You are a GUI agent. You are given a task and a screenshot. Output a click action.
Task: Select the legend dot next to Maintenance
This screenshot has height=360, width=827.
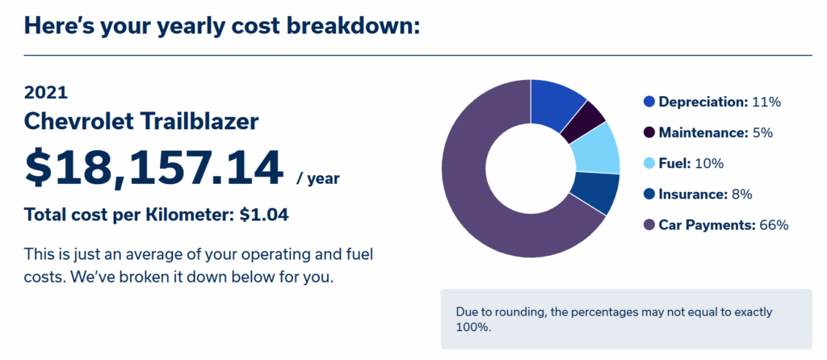649,133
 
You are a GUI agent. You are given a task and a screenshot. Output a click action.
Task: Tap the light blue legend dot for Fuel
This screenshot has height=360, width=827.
649,164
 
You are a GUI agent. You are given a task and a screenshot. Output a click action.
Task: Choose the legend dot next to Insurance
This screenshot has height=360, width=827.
649,195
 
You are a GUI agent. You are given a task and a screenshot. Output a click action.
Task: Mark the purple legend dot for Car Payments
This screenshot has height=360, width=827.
649,225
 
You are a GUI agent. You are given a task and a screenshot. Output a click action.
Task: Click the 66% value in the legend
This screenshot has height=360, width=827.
774,225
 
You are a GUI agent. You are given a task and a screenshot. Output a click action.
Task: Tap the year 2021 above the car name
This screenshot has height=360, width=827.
46,93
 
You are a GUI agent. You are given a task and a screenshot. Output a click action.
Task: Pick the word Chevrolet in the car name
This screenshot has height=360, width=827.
80,122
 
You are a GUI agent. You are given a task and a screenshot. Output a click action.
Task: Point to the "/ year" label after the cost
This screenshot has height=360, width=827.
318,179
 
